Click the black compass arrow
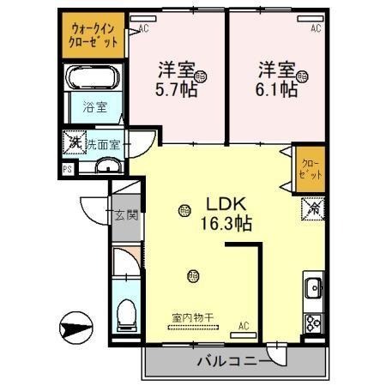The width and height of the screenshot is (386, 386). [75, 328]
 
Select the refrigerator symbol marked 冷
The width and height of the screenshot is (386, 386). [311, 207]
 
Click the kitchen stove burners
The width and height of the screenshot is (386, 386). [313, 323]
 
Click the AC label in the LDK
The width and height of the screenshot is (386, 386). [244, 326]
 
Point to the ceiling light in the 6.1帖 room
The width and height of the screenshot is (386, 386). [301, 77]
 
